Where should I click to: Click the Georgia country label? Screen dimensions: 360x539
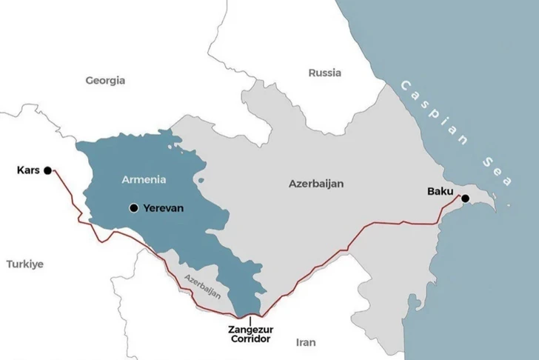pos(105,80)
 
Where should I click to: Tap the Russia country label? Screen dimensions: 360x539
pos(324,73)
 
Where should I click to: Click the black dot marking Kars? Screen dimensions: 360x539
pos(47,170)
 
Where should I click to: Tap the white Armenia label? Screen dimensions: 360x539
pos(144,179)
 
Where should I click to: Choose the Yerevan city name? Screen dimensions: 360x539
pos(164,208)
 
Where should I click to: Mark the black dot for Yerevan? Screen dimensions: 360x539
pos(133,208)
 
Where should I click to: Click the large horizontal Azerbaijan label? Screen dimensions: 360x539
pos(316,183)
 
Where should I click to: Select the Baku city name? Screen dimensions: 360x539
pos(440,192)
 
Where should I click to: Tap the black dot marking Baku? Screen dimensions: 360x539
pos(465,198)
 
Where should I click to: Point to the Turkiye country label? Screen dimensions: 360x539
pos(26,264)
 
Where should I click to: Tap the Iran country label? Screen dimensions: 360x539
pos(305,342)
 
